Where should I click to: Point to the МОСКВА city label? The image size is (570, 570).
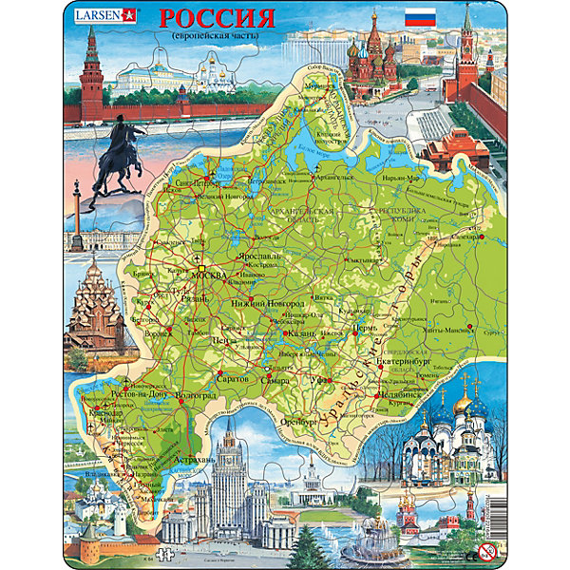(x=210, y=276)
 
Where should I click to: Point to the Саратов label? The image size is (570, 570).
(x=235, y=378)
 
